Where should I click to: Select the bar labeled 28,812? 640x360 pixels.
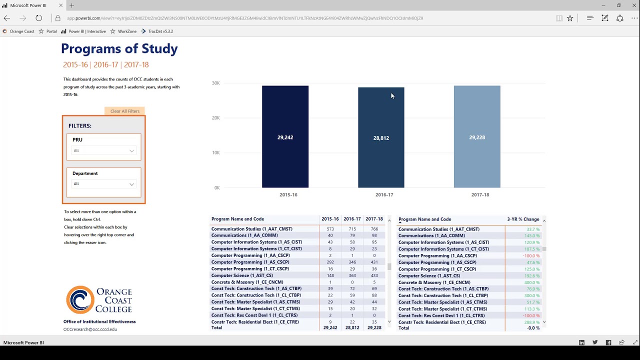(x=381, y=137)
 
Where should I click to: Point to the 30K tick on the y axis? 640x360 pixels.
(x=215, y=83)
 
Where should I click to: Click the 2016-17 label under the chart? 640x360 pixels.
(x=384, y=194)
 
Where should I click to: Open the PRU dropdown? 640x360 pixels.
(x=103, y=150)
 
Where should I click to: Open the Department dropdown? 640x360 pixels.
(x=103, y=184)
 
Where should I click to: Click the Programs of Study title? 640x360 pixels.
(x=119, y=49)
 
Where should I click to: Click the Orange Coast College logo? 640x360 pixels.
(x=99, y=300)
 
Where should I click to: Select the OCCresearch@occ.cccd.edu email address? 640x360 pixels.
(x=90, y=329)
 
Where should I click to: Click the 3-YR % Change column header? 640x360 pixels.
(x=523, y=219)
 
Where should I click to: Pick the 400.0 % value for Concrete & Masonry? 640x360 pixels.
(x=531, y=282)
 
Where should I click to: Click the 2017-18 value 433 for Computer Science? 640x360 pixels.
(x=374, y=275)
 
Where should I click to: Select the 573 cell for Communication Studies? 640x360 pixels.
(x=330, y=229)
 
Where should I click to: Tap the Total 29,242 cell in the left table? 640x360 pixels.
(x=330, y=328)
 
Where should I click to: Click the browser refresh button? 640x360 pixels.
(x=38, y=18)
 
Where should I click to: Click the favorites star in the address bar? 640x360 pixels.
(x=570, y=18)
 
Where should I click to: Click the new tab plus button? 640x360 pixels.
(x=71, y=5)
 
